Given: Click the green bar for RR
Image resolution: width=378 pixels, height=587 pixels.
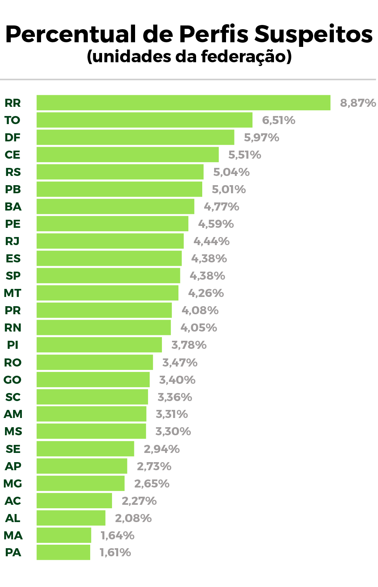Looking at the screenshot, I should coord(183,103).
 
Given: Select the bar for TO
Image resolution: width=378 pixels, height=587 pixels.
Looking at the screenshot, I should coord(144,120).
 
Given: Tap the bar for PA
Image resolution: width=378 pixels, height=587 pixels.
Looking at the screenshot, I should coord(63,552).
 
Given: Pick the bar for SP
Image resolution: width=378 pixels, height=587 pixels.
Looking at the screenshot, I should coord(108,275).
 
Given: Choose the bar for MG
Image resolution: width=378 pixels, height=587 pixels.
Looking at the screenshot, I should coord(81,483).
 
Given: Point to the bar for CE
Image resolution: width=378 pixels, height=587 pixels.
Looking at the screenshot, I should coord(127,154).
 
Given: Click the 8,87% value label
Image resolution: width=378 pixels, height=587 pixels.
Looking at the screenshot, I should coord(358,103).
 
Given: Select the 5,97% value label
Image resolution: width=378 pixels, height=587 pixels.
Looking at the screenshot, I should coord(261,138).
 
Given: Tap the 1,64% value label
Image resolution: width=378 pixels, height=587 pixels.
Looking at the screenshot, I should coord(117,535).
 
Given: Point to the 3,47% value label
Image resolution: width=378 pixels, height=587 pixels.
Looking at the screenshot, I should coord(180,362).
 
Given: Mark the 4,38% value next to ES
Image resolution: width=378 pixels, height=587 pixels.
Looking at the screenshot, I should coord(209,259).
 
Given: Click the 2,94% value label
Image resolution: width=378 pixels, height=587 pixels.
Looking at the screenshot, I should coord(162,449).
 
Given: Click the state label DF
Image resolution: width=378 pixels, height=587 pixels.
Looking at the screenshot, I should coord(12,138).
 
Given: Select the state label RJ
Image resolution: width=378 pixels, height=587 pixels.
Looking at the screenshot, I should coord(12,241).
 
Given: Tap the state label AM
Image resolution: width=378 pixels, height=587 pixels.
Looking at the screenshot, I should coord(13,414).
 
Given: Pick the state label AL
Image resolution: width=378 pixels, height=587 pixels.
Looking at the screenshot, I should coord(13,518).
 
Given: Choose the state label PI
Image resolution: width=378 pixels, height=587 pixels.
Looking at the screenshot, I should coord(13,345).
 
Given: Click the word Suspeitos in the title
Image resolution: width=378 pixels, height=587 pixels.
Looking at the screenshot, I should coord(313,35).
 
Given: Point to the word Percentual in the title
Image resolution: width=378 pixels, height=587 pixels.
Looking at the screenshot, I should coord(71,35).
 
